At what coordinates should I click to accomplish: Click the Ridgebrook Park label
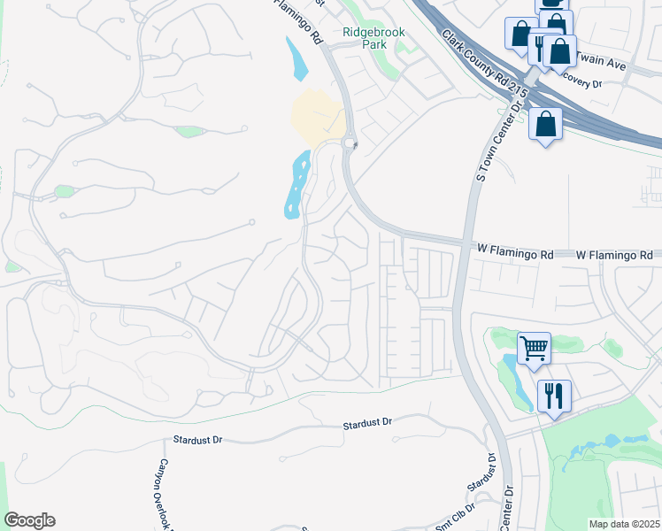373,37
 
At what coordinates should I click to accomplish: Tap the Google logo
29,520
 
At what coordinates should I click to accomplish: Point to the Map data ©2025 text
623,524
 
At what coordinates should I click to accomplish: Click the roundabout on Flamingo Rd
349,143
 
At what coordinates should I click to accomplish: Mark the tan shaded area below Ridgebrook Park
317,118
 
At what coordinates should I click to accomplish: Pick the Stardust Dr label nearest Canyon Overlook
197,440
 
